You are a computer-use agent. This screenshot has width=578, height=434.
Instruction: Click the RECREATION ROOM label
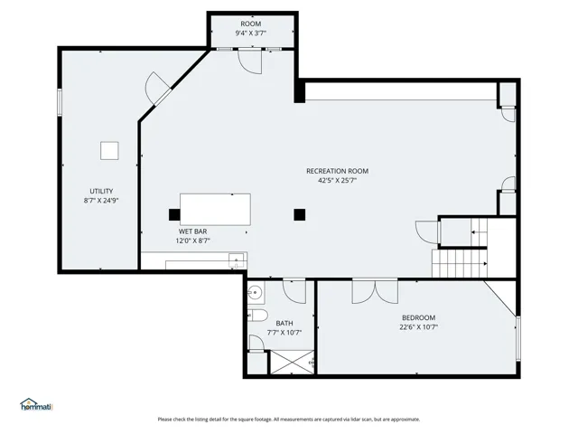coord(337,171)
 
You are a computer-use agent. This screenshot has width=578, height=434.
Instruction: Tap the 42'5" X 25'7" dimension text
coord(337,181)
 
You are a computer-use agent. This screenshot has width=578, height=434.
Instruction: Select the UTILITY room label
coord(101,191)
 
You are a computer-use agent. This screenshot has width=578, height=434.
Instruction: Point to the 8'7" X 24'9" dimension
coord(101,201)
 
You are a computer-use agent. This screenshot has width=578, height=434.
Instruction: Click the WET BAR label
coord(192,231)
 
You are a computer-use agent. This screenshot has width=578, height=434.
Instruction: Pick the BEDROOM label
coord(418,317)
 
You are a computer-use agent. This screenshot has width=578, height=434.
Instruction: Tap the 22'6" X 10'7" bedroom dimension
coord(418,327)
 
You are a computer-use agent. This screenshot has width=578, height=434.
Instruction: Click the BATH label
coord(284,324)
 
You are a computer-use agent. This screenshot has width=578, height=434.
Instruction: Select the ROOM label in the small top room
coord(251,24)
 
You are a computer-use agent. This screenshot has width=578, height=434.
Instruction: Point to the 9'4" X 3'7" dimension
coord(251,33)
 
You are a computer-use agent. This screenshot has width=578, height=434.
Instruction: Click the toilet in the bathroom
coord(257,316)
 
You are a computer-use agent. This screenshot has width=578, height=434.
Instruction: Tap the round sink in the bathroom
coord(255,293)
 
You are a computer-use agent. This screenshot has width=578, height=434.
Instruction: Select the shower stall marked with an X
coord(292,362)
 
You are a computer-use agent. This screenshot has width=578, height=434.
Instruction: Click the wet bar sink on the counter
coord(237,260)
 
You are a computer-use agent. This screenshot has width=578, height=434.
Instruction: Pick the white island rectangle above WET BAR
coord(215,209)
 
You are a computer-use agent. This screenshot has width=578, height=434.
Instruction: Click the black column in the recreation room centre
coord(299,214)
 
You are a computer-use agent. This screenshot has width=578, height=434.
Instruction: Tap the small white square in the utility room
coord(109,151)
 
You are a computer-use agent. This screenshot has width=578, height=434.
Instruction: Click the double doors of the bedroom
coord(375,292)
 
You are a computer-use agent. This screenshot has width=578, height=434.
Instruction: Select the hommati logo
coord(36,404)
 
